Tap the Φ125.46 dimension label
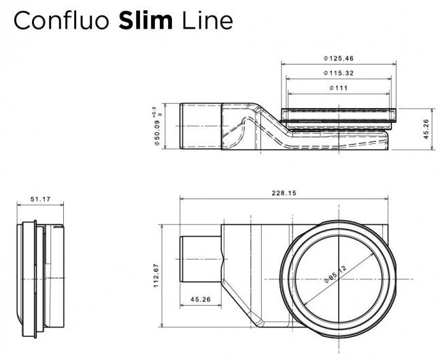(x=337, y=58)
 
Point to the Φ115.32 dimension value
(x=337, y=73)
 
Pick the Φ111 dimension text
(x=338, y=88)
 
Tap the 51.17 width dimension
(x=41, y=199)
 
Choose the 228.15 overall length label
(x=283, y=192)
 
